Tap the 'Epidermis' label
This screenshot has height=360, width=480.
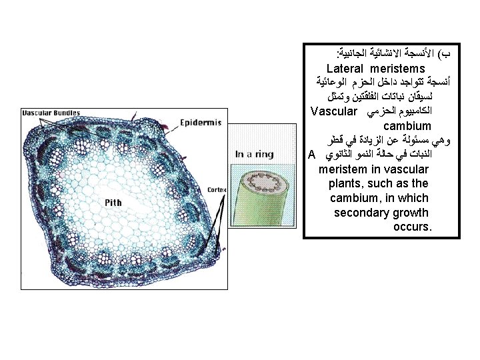tap(202, 123)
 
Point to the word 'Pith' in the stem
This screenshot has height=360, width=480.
tap(111, 202)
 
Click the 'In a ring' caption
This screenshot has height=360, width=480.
tap(255, 154)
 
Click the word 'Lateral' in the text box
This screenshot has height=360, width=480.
tap(348, 69)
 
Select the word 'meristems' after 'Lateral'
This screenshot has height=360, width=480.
tap(401, 69)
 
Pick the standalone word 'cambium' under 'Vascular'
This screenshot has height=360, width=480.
tap(407, 125)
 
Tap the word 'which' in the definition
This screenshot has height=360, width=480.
tap(413, 198)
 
